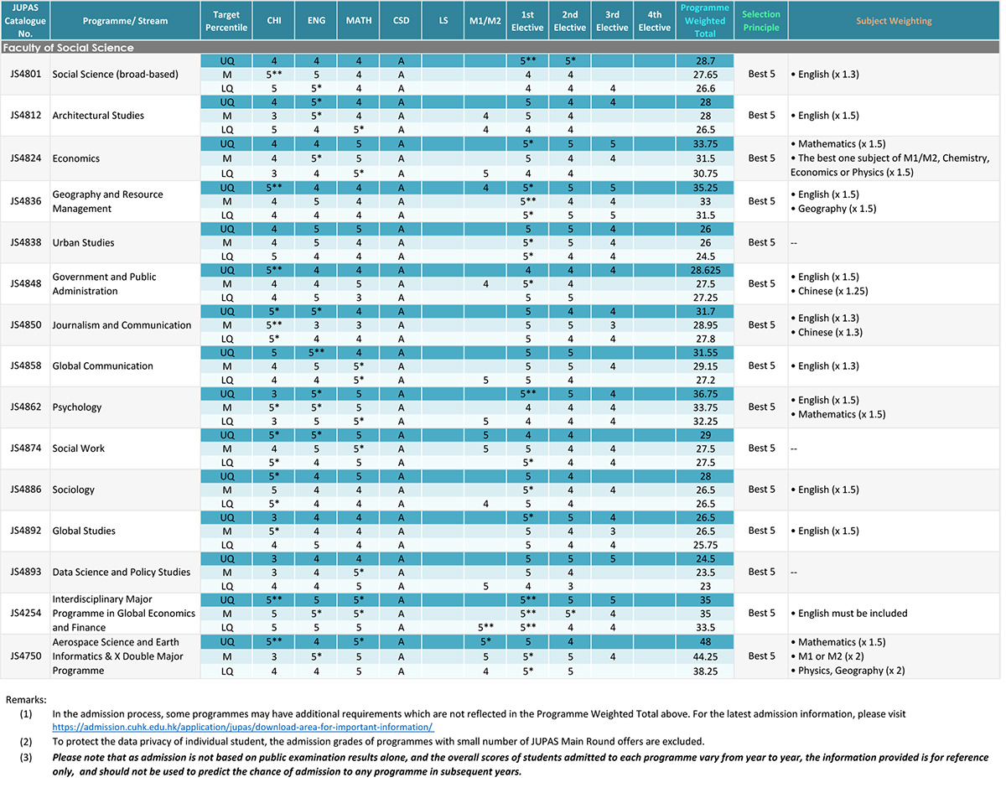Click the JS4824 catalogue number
coord(25,158)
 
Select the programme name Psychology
coord(76,407)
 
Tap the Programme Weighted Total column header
coord(704,21)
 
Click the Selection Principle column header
coord(760,21)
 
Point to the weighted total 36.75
coord(705,394)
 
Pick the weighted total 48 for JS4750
coord(705,641)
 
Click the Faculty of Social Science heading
coord(68,47)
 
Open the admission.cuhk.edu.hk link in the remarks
coord(243,727)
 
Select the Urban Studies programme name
coord(83,242)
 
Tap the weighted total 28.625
coord(705,270)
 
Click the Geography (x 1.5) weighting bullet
coord(833,209)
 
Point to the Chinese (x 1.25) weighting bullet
coord(829,291)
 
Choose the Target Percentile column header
coord(226,21)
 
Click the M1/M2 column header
coord(485,21)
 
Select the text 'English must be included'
coord(853,613)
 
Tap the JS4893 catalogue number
coord(25,572)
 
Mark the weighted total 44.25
coord(705,656)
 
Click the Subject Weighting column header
coord(894,21)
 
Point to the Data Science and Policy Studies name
coord(121,572)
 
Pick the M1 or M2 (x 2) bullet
coord(827,656)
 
